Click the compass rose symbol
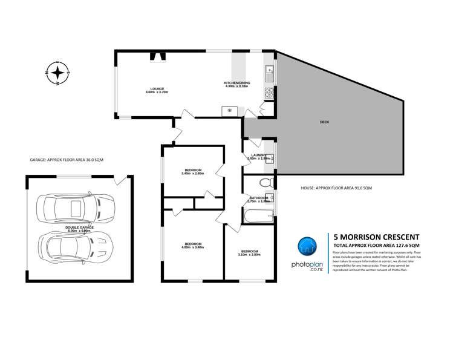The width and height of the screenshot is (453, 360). (57, 73)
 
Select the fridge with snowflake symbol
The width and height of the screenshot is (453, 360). (230, 110)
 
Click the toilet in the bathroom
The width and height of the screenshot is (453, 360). (264, 183)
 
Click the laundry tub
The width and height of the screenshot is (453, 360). (270, 159)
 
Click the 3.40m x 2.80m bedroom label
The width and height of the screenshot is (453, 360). (192, 171)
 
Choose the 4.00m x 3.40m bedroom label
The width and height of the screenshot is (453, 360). (192, 246)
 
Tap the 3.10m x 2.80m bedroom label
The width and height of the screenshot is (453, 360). (249, 253)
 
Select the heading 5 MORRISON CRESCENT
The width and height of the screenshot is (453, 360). (371, 237)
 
